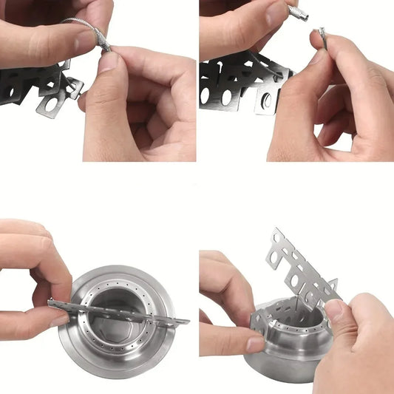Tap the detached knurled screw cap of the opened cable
coord(299,13)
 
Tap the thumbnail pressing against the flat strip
coord(59,320)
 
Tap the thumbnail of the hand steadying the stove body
coord(255,344)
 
